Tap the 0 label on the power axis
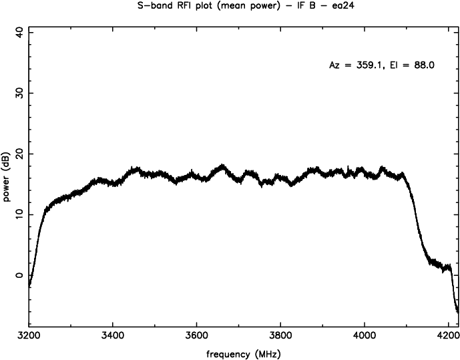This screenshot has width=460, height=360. pyautogui.click(x=18, y=275)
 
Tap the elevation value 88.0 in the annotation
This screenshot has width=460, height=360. pyautogui.click(x=423, y=65)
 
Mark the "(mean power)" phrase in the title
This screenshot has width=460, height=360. pyautogui.click(x=227, y=5)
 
